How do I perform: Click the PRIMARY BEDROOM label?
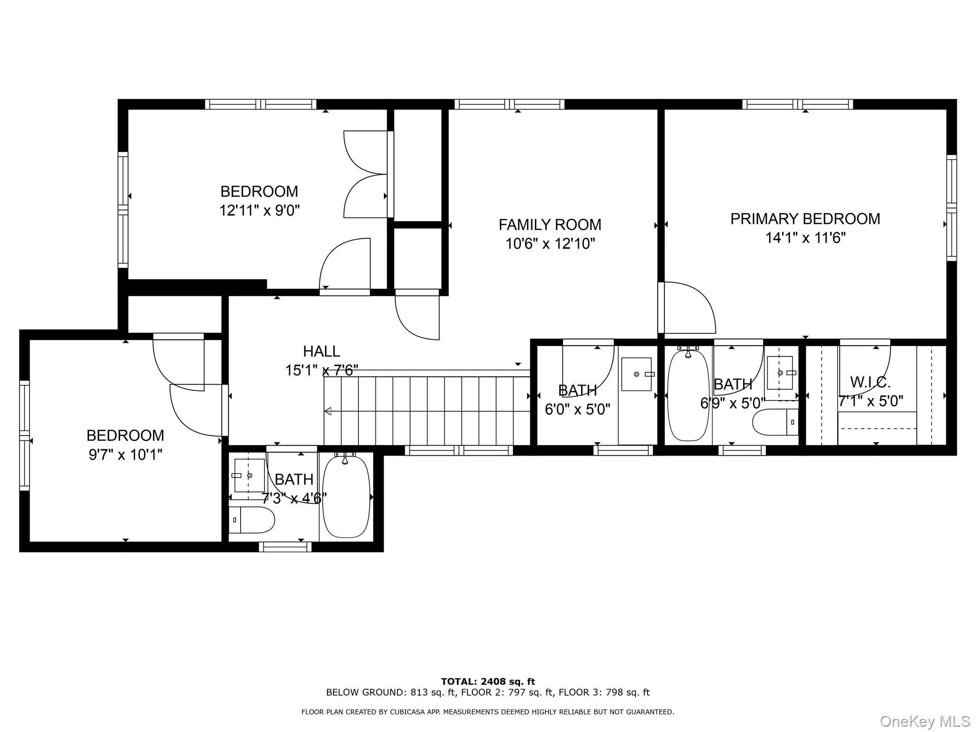pyautogui.click(x=805, y=219)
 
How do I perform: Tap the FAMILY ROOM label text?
pyautogui.click(x=549, y=224)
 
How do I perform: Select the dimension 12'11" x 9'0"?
pyautogui.click(x=259, y=210)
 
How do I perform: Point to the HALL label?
pyautogui.click(x=321, y=351)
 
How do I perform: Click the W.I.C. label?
pyautogui.click(x=870, y=382)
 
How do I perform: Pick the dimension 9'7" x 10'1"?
pyautogui.click(x=125, y=455)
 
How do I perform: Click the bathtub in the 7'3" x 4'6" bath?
pyautogui.click(x=346, y=497)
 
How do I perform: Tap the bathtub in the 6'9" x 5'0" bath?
pyautogui.click(x=688, y=396)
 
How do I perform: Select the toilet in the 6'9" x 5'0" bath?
pyautogui.click(x=775, y=422)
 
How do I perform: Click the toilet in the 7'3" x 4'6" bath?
pyautogui.click(x=252, y=520)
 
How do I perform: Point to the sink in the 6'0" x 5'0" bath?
pyautogui.click(x=637, y=374)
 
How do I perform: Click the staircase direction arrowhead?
pyautogui.click(x=328, y=411)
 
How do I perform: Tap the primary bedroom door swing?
pyautogui.click(x=689, y=307)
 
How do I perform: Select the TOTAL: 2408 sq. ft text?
pyautogui.click(x=488, y=681)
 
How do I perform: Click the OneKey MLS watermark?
pyautogui.click(x=924, y=721)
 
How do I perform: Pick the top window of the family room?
pyautogui.click(x=509, y=104)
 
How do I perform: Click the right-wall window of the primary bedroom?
pyautogui.click(x=951, y=208)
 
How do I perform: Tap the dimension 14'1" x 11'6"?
pyautogui.click(x=805, y=238)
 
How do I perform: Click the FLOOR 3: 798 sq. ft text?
pyautogui.click(x=604, y=692)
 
